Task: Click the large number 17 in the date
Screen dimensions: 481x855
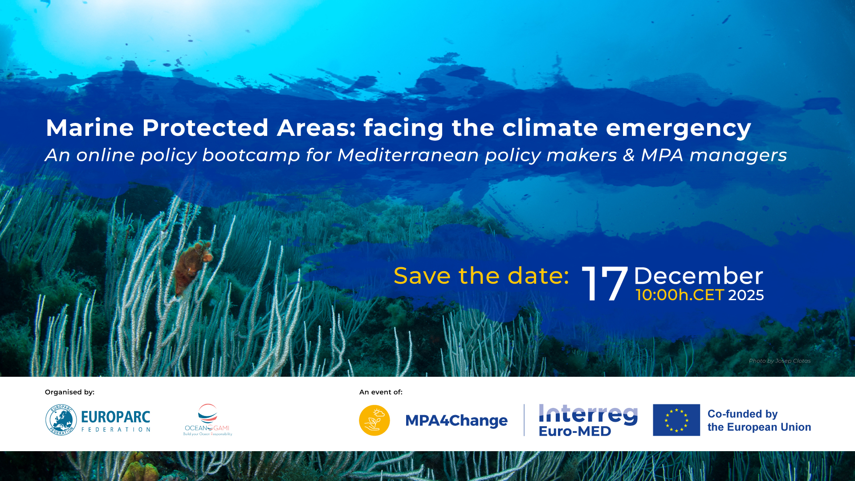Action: tap(604, 284)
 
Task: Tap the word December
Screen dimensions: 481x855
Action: tap(698, 276)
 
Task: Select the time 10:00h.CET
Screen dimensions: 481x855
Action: tap(680, 295)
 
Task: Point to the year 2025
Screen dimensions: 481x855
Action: tap(746, 295)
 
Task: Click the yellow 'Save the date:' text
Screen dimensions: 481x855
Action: tap(481, 276)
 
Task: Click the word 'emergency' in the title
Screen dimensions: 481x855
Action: tap(678, 128)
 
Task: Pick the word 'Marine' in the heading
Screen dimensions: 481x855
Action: tap(90, 128)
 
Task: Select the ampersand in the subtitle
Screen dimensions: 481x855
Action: tap(628, 155)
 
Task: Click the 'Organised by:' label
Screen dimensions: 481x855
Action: tap(69, 392)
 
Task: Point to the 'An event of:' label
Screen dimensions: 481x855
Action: tap(381, 392)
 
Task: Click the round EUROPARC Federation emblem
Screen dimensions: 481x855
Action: tap(61, 420)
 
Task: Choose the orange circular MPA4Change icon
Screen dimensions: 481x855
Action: tap(375, 420)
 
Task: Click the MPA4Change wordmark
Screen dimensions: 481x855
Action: tap(456, 420)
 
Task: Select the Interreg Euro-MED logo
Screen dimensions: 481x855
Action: tap(588, 420)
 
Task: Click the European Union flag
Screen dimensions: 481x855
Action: tap(676, 420)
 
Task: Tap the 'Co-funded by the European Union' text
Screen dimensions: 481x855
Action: tap(759, 420)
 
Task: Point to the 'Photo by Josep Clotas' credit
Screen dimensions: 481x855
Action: tap(779, 361)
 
